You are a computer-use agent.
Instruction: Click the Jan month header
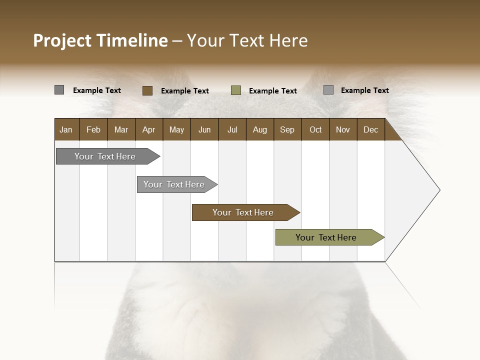point(66,129)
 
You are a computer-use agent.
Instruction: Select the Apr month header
point(149,129)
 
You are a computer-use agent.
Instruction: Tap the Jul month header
point(232,129)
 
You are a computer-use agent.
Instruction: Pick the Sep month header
point(287,129)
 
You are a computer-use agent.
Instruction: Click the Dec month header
point(371,129)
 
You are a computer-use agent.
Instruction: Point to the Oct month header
point(315,129)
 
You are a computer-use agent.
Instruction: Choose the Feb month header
point(93,129)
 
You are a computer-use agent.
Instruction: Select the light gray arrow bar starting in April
point(175,184)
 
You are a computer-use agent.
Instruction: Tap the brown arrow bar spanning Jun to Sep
point(244,212)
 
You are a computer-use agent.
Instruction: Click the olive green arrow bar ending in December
point(327,237)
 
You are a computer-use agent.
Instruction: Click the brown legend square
point(147,90)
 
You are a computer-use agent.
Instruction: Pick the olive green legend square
point(236,90)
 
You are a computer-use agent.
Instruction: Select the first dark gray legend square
point(59,90)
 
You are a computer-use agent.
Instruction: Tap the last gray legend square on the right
point(328,90)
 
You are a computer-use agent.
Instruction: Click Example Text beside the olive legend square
point(273,91)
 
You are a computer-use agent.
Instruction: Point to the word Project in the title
point(62,40)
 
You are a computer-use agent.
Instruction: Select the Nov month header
point(343,129)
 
